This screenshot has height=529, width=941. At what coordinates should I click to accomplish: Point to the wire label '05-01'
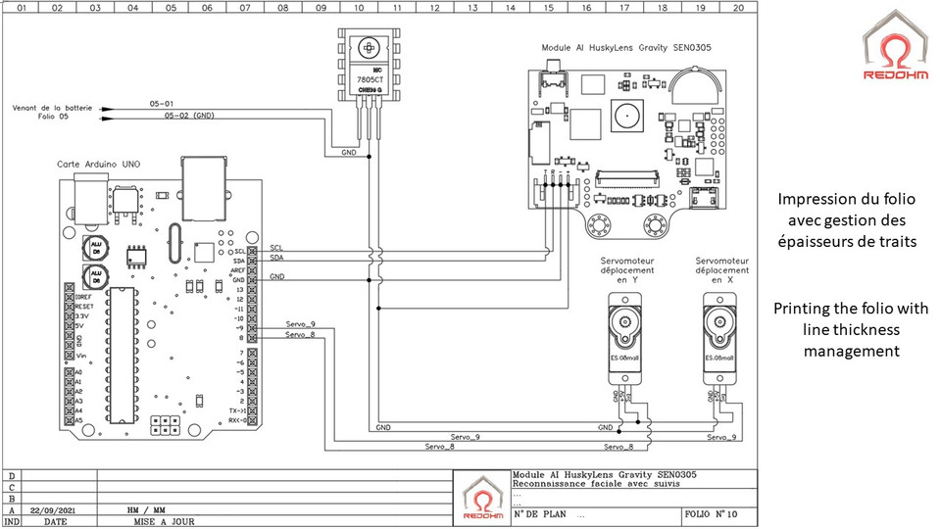point(162,103)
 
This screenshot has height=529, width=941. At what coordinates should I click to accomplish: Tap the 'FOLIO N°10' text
point(710,512)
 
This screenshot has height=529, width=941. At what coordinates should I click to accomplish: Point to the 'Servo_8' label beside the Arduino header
point(299,335)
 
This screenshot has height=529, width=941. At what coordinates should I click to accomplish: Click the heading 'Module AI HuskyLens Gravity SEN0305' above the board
point(627,47)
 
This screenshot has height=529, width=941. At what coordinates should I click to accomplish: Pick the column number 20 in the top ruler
point(737,7)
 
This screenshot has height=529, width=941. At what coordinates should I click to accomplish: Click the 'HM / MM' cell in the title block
point(146,510)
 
